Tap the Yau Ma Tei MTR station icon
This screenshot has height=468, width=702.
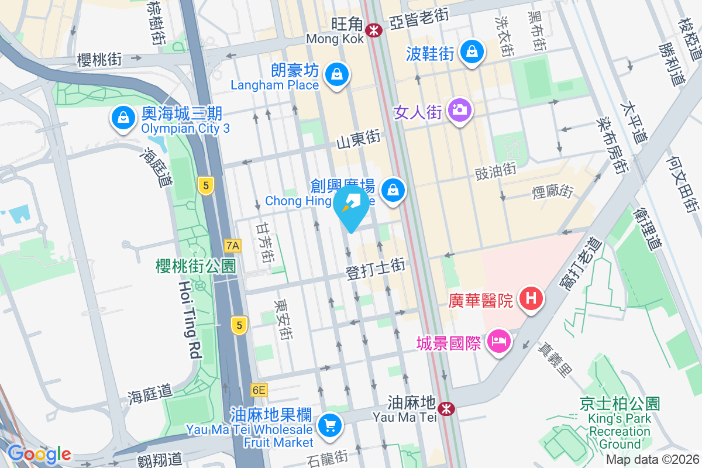447,408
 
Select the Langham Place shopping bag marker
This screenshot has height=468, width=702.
337,75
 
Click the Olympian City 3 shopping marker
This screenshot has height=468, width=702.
123,118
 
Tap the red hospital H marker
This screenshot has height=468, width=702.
531,299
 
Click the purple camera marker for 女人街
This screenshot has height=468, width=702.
460,109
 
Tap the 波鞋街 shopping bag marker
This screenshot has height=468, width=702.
471,53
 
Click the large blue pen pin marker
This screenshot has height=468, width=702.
352,206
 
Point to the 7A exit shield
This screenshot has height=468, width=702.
233,245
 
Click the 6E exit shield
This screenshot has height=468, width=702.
259,390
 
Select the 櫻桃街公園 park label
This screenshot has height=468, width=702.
195,267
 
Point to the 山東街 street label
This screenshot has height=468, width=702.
358,140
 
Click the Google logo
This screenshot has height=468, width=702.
39,454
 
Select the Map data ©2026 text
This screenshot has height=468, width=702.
652,460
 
